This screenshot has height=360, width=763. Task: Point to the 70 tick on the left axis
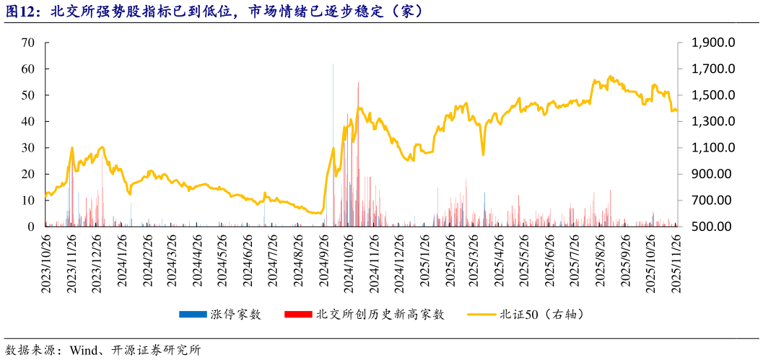click(29, 43)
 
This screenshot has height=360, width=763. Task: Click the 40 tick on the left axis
click(29, 121)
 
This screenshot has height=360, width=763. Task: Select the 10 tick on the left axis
click(29, 200)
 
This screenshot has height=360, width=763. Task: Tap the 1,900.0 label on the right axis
click(712, 43)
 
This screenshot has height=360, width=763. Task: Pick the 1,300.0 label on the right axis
click(712, 121)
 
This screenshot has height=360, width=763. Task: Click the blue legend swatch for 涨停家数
click(193, 315)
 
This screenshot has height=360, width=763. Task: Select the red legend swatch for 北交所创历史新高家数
click(298, 315)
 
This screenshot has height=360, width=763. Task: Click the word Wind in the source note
click(84, 351)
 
